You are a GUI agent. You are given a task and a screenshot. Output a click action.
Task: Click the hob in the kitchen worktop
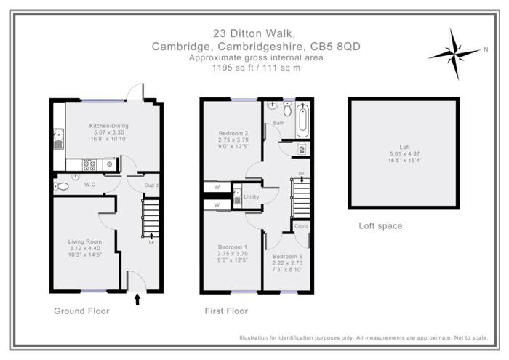[108, 164]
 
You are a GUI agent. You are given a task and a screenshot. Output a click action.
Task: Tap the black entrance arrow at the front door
[138, 298]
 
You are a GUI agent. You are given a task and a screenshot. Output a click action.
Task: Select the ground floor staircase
[150, 216]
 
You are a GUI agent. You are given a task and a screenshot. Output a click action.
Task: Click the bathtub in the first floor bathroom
[303, 120]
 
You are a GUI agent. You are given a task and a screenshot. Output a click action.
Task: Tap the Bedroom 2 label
[233, 134]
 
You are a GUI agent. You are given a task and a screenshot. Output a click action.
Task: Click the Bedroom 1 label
[233, 247]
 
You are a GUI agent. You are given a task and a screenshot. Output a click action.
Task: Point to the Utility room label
[252, 197]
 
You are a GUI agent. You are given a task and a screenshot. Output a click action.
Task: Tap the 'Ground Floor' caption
[81, 311]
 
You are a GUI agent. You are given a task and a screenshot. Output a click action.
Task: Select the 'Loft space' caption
[380, 226]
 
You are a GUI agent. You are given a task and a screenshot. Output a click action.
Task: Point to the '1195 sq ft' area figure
[230, 68]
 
